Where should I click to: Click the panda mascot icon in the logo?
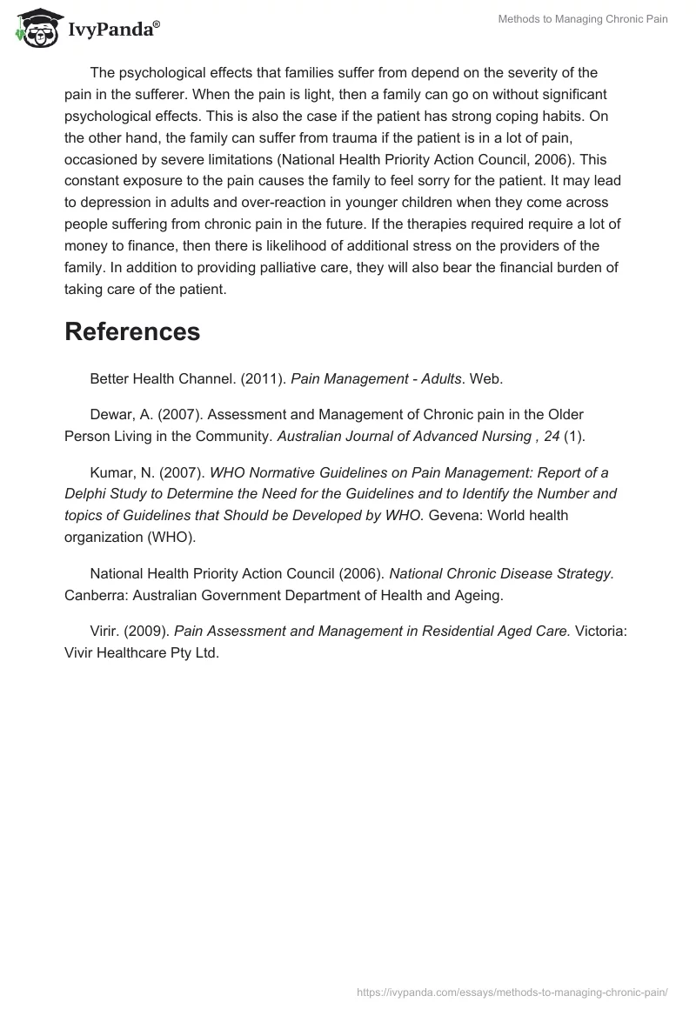point(34,29)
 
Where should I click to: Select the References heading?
point(132,331)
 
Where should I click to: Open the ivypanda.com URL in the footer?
point(512,991)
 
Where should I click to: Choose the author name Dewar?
point(110,414)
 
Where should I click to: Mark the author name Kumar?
point(110,473)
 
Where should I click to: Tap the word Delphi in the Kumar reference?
point(85,494)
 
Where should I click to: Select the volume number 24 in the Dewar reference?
point(552,436)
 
